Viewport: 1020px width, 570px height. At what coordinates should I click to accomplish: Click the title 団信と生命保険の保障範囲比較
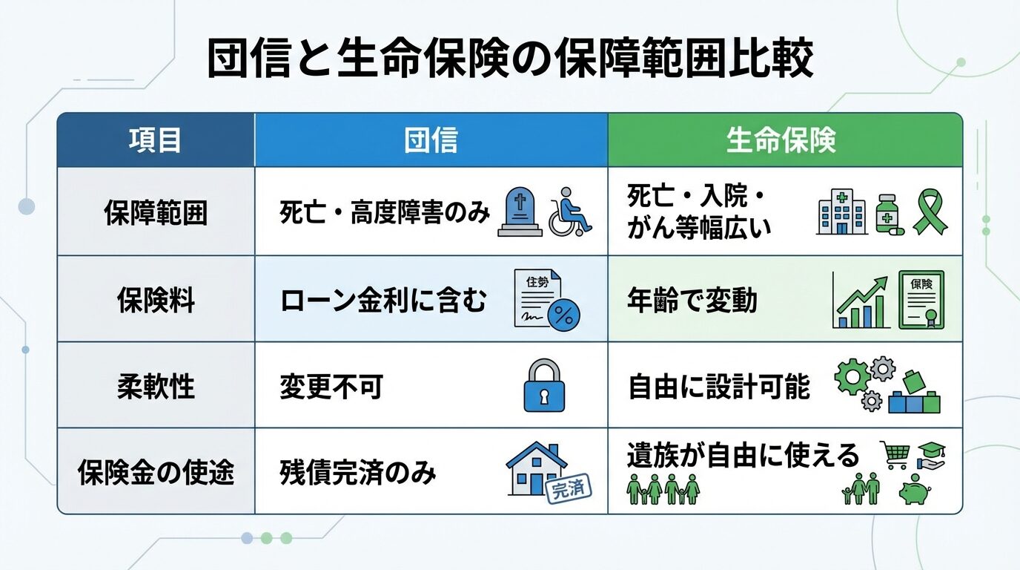tap(510, 60)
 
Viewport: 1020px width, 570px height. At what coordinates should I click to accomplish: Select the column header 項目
tap(155, 140)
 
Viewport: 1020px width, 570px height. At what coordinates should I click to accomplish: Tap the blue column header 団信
tap(431, 140)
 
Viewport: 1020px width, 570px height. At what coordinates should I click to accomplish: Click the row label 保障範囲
tap(155, 214)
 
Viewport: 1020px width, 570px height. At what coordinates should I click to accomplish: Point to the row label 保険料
tap(156, 301)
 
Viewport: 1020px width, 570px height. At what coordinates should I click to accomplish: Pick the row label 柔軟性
tap(156, 387)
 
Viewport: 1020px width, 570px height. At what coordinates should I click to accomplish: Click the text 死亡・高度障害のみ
tap(385, 214)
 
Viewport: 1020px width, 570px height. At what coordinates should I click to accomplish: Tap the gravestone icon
tap(520, 212)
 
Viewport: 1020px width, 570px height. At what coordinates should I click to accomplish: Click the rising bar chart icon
tap(861, 303)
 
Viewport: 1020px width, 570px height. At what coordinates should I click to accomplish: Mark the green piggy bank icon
tap(916, 492)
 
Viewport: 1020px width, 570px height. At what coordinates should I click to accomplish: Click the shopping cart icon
tap(894, 453)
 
